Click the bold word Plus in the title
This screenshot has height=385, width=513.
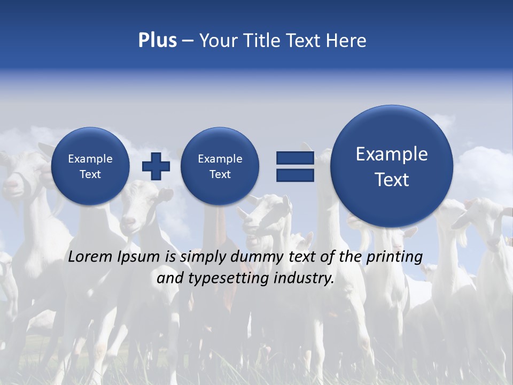pos(157,41)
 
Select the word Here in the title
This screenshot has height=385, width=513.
pos(347,41)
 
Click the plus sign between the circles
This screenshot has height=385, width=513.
pos(156,166)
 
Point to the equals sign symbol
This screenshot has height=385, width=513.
pos(295,166)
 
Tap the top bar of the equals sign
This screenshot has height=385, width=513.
pos(295,158)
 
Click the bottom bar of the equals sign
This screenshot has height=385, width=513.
pos(295,175)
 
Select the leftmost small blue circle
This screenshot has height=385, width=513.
pos(90,166)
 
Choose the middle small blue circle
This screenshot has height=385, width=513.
pos(220,166)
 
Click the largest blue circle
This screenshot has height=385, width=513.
pos(392,166)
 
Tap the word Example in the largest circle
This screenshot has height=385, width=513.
pos(392,154)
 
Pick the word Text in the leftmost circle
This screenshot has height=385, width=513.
pos(90,174)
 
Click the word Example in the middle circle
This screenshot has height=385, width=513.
pos(220,159)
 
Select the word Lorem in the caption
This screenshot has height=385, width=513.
pos(90,257)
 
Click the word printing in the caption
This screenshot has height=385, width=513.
pos(394,257)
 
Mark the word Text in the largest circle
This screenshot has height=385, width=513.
pos(392,180)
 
